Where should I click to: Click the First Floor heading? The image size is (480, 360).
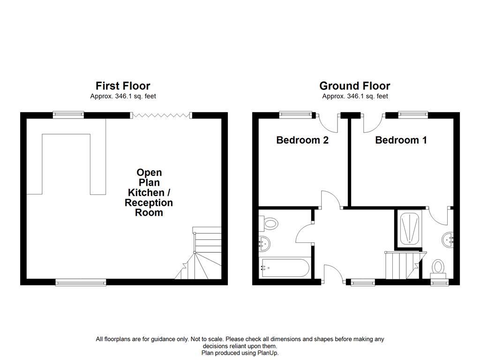click(x=123, y=86)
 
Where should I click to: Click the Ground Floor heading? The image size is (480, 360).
click(x=354, y=86)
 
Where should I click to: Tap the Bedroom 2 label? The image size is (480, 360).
click(x=302, y=140)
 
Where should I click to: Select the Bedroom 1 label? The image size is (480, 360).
click(x=401, y=140)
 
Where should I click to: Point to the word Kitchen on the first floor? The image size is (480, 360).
click(x=147, y=193)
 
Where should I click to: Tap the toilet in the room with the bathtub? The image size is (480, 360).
click(x=270, y=223)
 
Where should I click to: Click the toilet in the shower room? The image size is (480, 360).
click(x=438, y=267)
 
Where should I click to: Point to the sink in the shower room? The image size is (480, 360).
click(x=448, y=240)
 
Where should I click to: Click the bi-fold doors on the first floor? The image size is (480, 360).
click(x=161, y=115)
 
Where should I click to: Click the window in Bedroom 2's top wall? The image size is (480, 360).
click(x=295, y=113)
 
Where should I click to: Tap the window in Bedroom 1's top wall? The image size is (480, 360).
click(x=413, y=113)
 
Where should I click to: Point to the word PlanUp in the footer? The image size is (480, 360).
click(x=268, y=352)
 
